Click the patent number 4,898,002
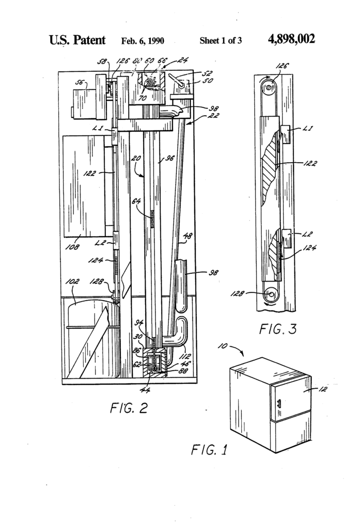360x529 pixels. pyautogui.click(x=292, y=40)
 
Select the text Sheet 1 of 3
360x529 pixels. pyautogui.click(x=221, y=41)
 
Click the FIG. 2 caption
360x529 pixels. pyautogui.click(x=128, y=408)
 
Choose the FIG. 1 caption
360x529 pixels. pyautogui.click(x=209, y=449)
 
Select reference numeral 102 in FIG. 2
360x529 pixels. pyautogui.click(x=73, y=282)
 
